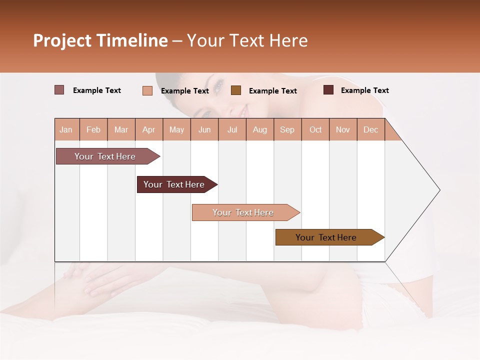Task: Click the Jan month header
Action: [66, 129]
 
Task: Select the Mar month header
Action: [121, 129]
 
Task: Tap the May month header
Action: [176, 129]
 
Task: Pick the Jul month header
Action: [232, 129]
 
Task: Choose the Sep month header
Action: [287, 129]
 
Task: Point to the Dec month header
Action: [370, 129]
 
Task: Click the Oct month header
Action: [315, 129]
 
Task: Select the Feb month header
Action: [93, 129]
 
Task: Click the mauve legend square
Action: [59, 90]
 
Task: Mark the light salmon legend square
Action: [147, 90]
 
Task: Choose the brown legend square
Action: [236, 90]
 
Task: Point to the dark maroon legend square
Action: [328, 90]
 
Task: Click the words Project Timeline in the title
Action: [100, 40]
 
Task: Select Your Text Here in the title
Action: [247, 40]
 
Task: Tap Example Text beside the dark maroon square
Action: [364, 90]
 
